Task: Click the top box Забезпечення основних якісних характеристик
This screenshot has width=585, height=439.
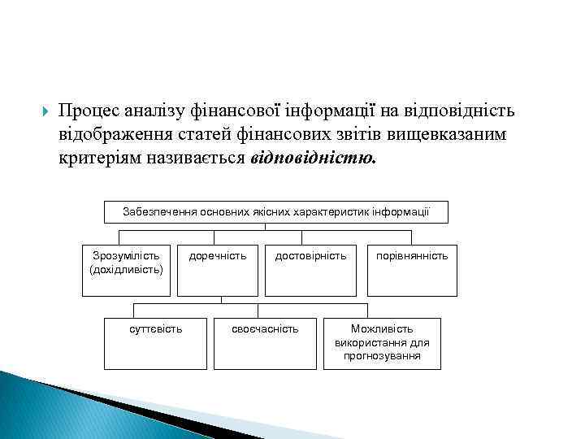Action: pyautogui.click(x=276, y=211)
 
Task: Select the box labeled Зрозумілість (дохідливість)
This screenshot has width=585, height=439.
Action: pyautogui.click(x=126, y=269)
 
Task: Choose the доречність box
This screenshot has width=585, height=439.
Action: pyautogui.click(x=218, y=269)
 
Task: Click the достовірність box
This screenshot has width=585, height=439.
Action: pyautogui.click(x=310, y=269)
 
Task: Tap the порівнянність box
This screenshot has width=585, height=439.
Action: pyautogui.click(x=411, y=269)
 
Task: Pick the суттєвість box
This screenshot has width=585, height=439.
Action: pyautogui.click(x=156, y=343)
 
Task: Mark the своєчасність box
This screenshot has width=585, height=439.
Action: pyautogui.click(x=265, y=343)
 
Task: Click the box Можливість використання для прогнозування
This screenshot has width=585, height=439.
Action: pyautogui.click(x=382, y=343)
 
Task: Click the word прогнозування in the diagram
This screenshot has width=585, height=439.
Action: pyautogui.click(x=382, y=356)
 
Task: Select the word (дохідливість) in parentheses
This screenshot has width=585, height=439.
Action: pyautogui.click(x=126, y=268)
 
